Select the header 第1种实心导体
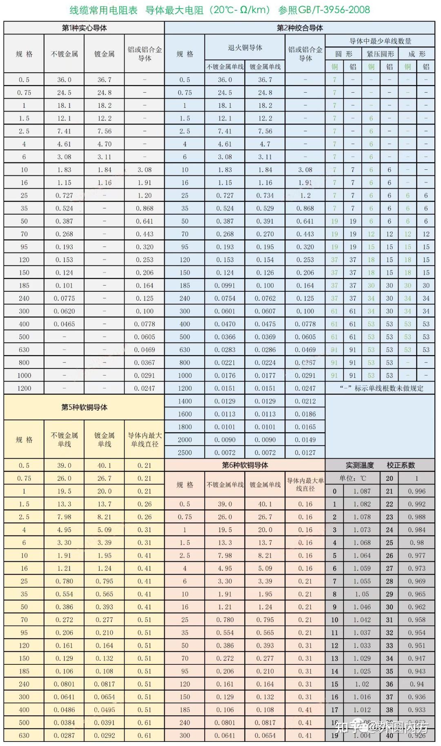tap(84, 28)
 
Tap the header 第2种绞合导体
tap(299, 28)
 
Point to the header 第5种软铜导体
tap(84, 407)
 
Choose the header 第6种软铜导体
tap(245, 465)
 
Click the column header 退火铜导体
tap(245, 48)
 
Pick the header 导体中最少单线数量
tap(380, 41)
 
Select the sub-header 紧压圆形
tap(380, 54)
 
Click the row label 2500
tap(185, 453)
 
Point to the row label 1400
tap(185, 401)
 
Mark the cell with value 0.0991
tap(225, 286)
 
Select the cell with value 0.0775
tap(64, 298)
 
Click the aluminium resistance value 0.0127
tap(305, 453)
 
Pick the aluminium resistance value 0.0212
tap(305, 401)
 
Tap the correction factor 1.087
tap(362, 491)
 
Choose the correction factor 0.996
tap(416, 491)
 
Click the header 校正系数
tap(401, 465)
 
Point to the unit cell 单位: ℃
tap(353, 478)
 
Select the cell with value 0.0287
tap(64, 735)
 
